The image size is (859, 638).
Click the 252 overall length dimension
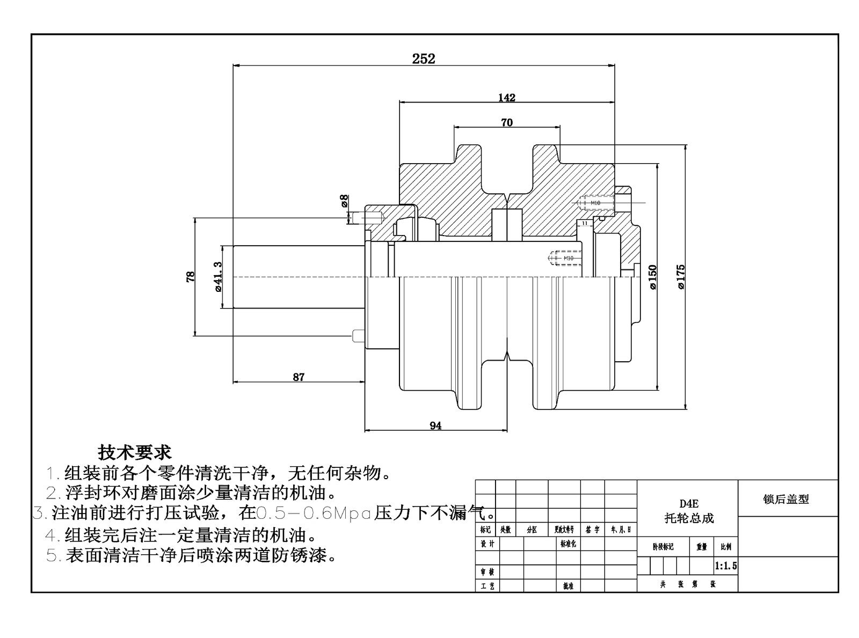click(x=423, y=58)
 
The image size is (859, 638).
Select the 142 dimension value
click(x=506, y=98)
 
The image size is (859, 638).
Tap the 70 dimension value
click(x=506, y=122)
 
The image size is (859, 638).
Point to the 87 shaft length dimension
click(x=299, y=377)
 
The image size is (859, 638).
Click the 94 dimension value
click(x=435, y=426)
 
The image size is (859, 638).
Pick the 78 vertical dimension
click(x=191, y=277)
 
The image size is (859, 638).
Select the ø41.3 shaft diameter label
click(x=217, y=277)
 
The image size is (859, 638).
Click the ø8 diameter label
click(x=344, y=201)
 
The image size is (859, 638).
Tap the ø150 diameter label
click(x=652, y=277)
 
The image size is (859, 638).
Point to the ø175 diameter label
click(x=680, y=277)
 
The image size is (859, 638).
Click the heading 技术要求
click(x=134, y=452)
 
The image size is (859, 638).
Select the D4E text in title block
click(x=689, y=504)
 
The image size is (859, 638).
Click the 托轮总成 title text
click(x=689, y=518)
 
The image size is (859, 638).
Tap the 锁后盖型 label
click(x=786, y=499)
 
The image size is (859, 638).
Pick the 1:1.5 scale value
click(x=726, y=566)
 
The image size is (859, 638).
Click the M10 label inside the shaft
click(x=568, y=258)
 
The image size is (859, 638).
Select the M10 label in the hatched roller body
click(x=595, y=203)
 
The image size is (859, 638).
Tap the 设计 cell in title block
click(x=487, y=544)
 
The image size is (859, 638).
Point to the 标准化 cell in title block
click(x=568, y=544)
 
